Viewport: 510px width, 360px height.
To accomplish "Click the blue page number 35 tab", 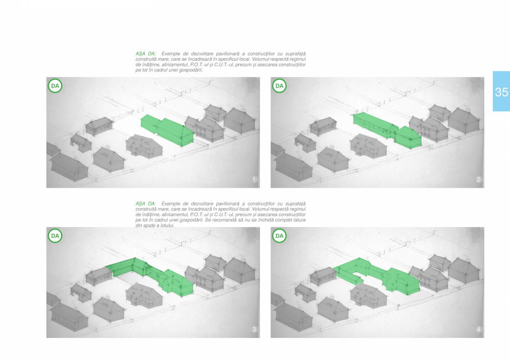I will pyautogui.click(x=501, y=92).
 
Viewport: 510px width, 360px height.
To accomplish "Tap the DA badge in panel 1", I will pyautogui.click(x=55, y=86).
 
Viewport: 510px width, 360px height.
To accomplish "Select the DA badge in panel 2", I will pyautogui.click(x=279, y=86).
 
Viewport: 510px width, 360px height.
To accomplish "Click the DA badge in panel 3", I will pyautogui.click(x=55, y=236).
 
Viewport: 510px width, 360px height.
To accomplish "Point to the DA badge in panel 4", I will pyautogui.click(x=279, y=236).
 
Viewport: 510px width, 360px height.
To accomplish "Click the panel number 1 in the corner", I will pyautogui.click(x=254, y=179).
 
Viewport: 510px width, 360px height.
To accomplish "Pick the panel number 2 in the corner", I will pyautogui.click(x=478, y=179).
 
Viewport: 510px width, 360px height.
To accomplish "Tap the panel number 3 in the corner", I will pyautogui.click(x=254, y=330).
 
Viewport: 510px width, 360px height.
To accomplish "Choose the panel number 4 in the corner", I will pyautogui.click(x=478, y=330).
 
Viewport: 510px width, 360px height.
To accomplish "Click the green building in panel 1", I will pyautogui.click(x=168, y=130).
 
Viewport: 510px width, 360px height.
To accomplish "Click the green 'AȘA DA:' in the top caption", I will pyautogui.click(x=146, y=54).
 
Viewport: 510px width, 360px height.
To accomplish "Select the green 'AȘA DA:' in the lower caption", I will pyautogui.click(x=146, y=204).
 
